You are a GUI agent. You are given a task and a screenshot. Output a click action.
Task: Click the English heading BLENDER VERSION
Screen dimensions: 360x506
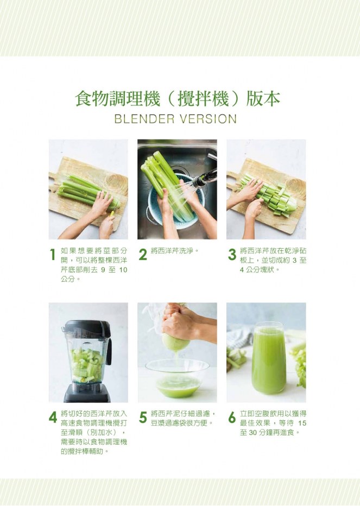(175, 119)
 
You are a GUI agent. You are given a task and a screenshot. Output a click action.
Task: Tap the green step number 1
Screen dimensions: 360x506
(53, 255)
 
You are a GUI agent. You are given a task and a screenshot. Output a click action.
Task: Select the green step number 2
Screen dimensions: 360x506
(143, 255)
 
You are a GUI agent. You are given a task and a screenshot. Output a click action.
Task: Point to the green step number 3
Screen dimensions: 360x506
(232, 255)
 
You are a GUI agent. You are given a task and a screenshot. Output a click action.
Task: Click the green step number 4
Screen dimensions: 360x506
(53, 418)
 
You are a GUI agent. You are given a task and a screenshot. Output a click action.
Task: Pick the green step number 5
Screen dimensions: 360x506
(143, 418)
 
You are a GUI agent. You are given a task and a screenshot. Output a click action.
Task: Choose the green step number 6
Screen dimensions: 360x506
(232, 418)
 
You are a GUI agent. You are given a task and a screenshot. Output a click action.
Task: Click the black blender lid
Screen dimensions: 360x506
(86, 327)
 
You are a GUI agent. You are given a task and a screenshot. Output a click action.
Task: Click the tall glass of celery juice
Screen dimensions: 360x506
(269, 358)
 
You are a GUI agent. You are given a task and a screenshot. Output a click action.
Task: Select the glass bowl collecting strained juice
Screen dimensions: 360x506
(177, 378)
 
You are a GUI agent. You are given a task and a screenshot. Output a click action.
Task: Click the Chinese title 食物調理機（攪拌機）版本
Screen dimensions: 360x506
(177, 98)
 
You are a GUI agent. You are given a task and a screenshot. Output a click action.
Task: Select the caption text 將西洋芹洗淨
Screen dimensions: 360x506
(174, 251)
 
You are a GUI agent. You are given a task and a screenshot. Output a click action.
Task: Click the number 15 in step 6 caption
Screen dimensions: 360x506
(302, 423)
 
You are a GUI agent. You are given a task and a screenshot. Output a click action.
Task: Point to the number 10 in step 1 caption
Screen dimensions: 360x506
(123, 270)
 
